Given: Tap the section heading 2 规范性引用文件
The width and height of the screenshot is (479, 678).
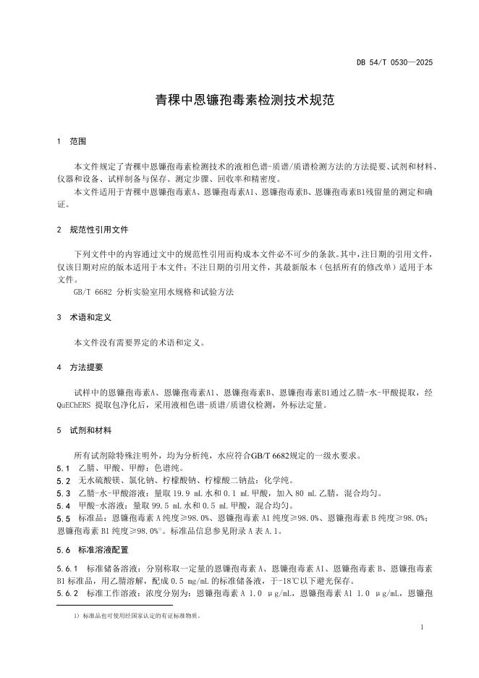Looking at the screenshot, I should click(93, 229).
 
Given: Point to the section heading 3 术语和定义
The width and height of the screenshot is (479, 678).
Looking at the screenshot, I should click(83, 317).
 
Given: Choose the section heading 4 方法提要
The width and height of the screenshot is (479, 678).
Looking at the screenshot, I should click(80, 367).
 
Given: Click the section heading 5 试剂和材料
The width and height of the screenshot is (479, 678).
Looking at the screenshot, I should click(83, 430).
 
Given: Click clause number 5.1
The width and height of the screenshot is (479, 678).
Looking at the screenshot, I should click(63, 469).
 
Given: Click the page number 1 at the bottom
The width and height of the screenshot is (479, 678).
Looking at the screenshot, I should click(421, 629).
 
